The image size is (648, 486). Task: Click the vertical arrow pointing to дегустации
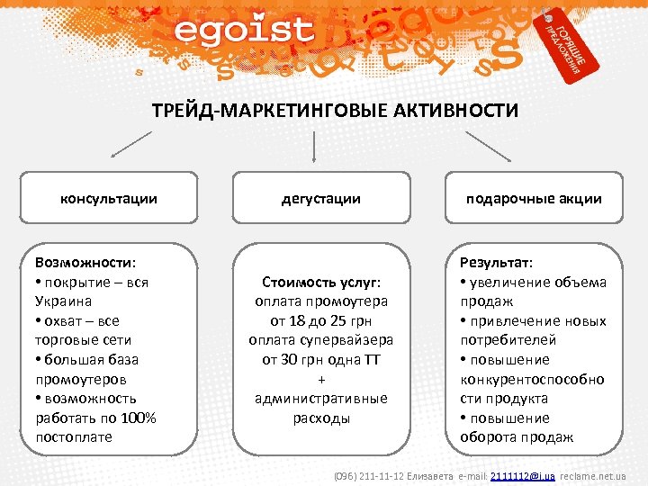312,148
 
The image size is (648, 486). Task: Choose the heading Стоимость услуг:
321,282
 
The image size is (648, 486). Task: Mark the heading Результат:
496,263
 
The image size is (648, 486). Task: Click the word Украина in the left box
64,301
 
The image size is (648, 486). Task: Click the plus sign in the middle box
321,379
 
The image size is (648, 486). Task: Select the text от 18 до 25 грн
321,321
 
